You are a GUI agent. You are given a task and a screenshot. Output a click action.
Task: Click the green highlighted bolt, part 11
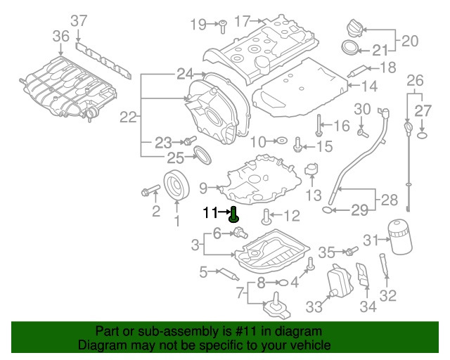click(x=233, y=214)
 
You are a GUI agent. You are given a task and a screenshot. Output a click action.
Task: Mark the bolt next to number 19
click(x=219, y=25)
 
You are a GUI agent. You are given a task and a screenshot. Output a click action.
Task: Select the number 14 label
click(x=371, y=87)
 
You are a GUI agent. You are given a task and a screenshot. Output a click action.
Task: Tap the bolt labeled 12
click(x=265, y=215)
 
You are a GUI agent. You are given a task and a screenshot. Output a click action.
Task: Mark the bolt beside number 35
click(x=348, y=251)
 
